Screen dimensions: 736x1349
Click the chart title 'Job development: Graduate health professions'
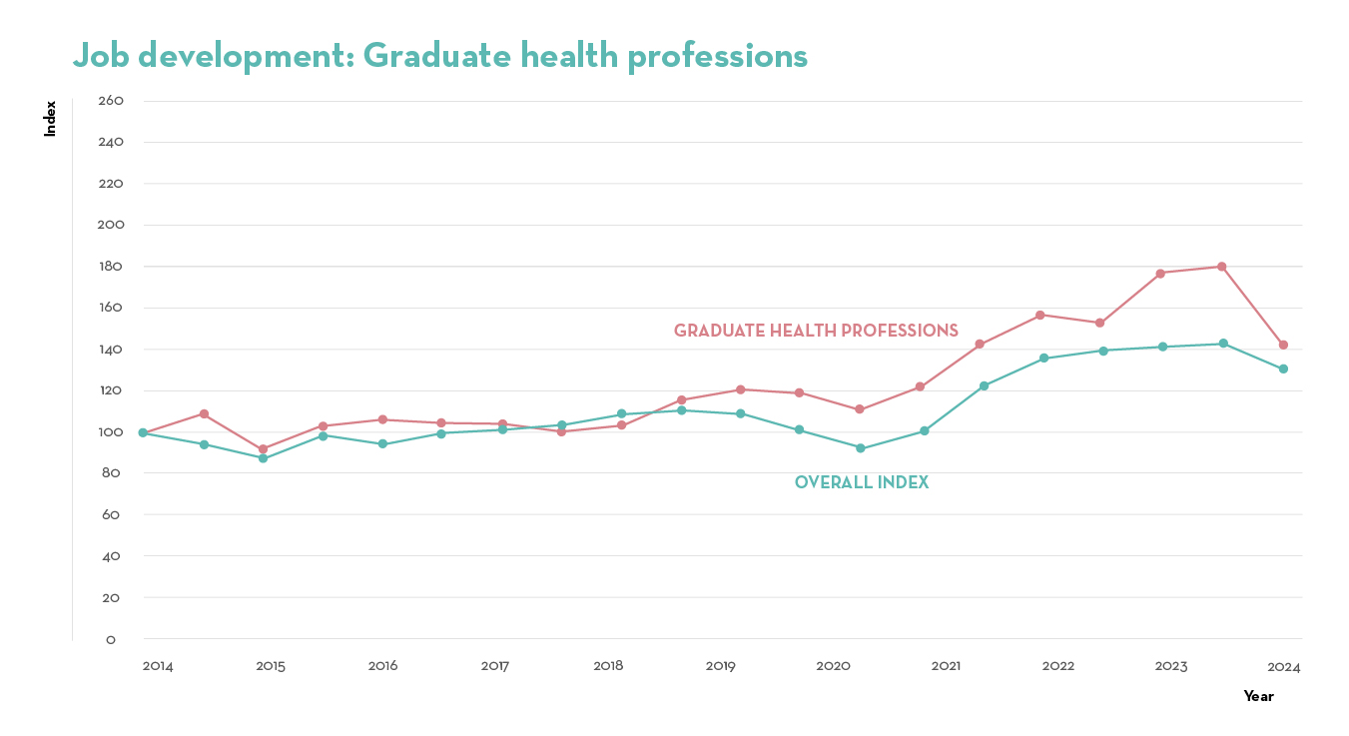[439, 56]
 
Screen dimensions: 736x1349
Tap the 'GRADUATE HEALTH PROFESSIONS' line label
[816, 331]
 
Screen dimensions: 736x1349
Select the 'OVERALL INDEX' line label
[862, 482]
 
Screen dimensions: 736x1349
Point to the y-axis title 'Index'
[50, 118]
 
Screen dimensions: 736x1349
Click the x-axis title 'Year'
[1258, 696]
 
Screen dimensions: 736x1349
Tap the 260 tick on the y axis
[111, 101]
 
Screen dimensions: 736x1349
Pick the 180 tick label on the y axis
[111, 267]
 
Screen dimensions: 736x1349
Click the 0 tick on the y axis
[111, 639]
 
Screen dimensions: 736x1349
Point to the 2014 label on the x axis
[158, 666]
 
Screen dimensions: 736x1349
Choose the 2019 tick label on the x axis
[721, 666]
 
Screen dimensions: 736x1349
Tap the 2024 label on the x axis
[1284, 666]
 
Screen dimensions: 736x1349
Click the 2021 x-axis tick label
[946, 666]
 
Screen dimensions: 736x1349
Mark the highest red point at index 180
[1221, 267]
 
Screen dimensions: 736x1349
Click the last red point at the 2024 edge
[1283, 345]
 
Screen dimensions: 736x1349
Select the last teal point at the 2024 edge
[1283, 368]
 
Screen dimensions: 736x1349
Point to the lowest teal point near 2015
[263, 457]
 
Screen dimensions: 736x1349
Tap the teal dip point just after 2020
[860, 448]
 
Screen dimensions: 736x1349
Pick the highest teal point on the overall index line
[1222, 344]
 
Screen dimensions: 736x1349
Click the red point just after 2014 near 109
[204, 413]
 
